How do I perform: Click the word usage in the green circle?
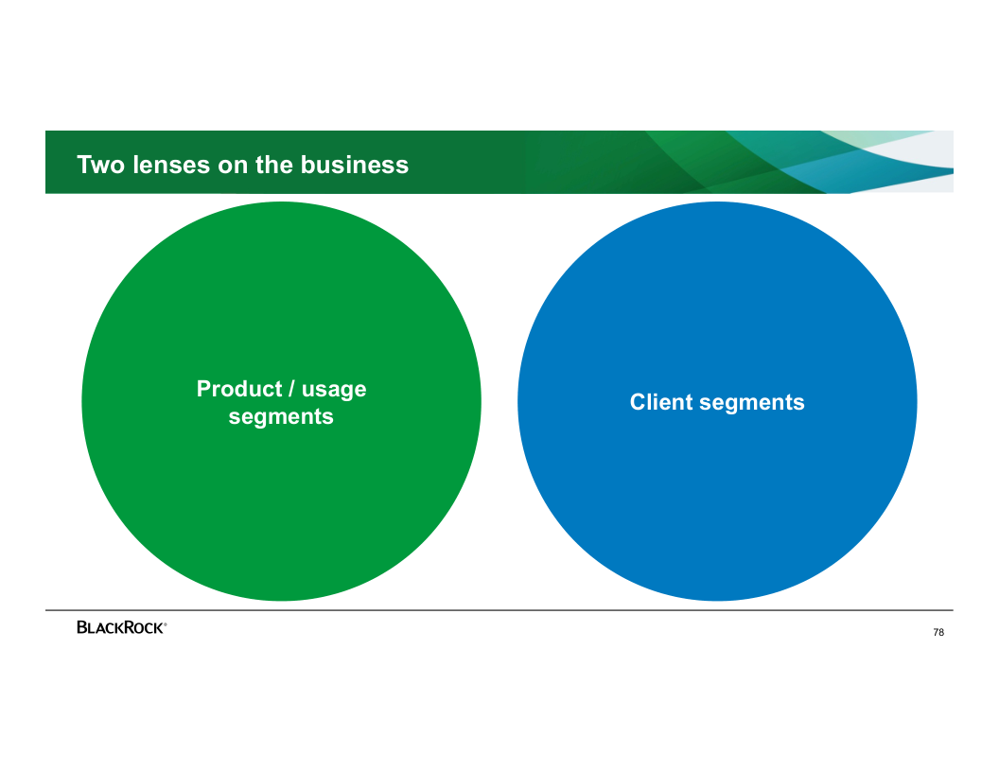pyautogui.click(x=334, y=390)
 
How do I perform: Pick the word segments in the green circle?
pyautogui.click(x=281, y=417)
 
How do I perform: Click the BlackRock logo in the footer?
pyautogui.click(x=121, y=627)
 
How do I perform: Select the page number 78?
pyautogui.click(x=938, y=633)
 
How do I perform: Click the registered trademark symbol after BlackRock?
pyautogui.click(x=166, y=623)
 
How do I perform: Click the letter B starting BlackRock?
pyautogui.click(x=82, y=627)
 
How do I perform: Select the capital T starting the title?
pyautogui.click(x=83, y=165)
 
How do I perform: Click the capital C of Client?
pyautogui.click(x=638, y=402)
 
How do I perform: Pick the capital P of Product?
pyautogui.click(x=203, y=389)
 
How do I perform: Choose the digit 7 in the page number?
pyautogui.click(x=936, y=633)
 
